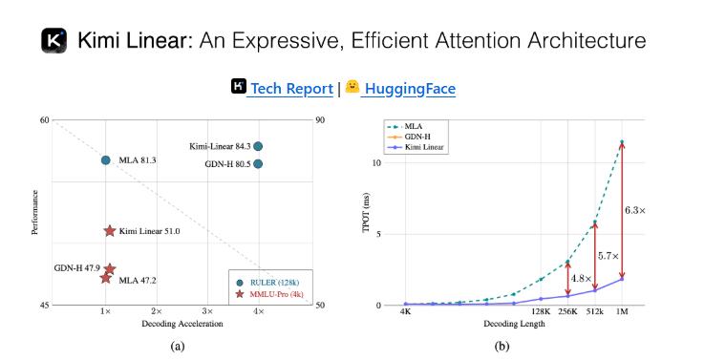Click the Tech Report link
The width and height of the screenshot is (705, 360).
291,89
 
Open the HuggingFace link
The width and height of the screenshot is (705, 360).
409,89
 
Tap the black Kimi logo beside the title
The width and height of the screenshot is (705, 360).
53,40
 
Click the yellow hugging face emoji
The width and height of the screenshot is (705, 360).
352,87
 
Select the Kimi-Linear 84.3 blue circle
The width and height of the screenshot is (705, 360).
258,146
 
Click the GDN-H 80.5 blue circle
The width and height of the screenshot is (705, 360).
258,163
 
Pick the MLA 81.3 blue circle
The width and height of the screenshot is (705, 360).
106,160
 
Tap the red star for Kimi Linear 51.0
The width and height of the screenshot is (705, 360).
110,231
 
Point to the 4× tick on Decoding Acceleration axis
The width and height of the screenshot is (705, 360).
258,311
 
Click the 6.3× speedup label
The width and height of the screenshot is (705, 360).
635,210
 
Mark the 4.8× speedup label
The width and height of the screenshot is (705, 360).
581,279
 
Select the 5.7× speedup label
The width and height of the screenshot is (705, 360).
608,256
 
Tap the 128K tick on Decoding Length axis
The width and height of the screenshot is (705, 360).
541,311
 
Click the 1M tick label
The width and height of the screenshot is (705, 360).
622,311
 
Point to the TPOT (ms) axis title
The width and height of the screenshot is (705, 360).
366,213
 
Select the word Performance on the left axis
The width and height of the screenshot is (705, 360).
34,213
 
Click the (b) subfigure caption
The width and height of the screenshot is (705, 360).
502,346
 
